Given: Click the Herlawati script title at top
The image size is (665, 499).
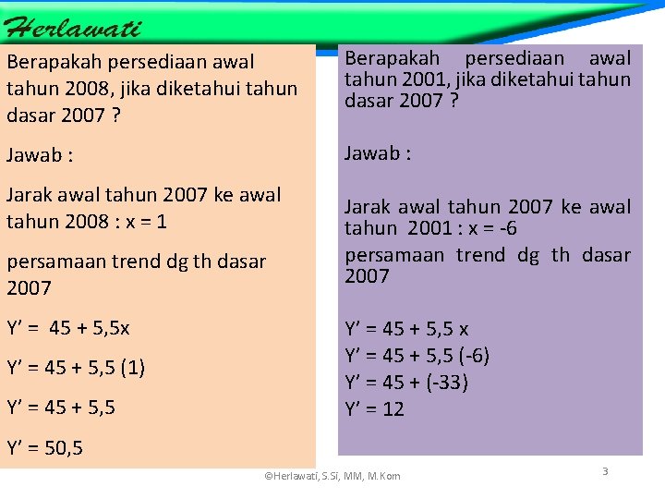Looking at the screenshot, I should tap(73, 27).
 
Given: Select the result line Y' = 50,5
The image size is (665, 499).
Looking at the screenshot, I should tap(45, 449).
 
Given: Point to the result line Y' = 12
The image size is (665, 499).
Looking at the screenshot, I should tap(374, 409).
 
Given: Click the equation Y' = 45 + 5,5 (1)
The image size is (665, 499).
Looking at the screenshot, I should tap(76, 368).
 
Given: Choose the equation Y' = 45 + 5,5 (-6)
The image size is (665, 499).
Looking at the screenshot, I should tap(417, 356).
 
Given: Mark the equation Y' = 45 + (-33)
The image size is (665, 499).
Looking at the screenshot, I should tap(406, 383).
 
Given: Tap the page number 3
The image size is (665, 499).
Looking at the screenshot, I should tap(605, 471).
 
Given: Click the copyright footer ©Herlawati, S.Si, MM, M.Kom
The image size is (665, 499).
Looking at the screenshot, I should tap(332, 476).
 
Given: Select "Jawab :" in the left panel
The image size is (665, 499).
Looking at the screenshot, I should tap(40, 155).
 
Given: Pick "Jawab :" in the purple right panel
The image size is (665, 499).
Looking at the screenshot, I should tap(378, 153).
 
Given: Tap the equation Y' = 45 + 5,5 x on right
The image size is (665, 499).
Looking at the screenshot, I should tap(406, 329).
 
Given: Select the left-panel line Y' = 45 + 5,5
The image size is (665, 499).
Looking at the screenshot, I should tap(61, 407).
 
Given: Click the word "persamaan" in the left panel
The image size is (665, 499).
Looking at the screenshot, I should tap(56, 262).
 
